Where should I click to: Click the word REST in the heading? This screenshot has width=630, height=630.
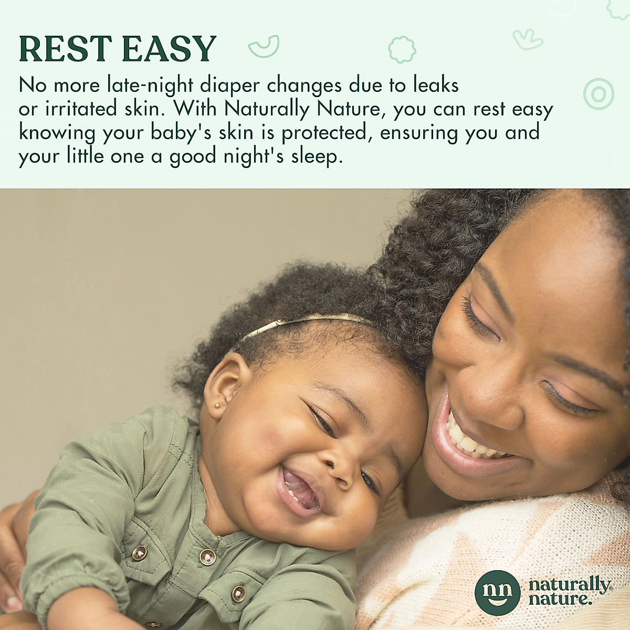point(66,48)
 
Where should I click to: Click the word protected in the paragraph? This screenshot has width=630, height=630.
point(324,133)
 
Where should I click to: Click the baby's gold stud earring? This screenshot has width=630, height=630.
point(217,406)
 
